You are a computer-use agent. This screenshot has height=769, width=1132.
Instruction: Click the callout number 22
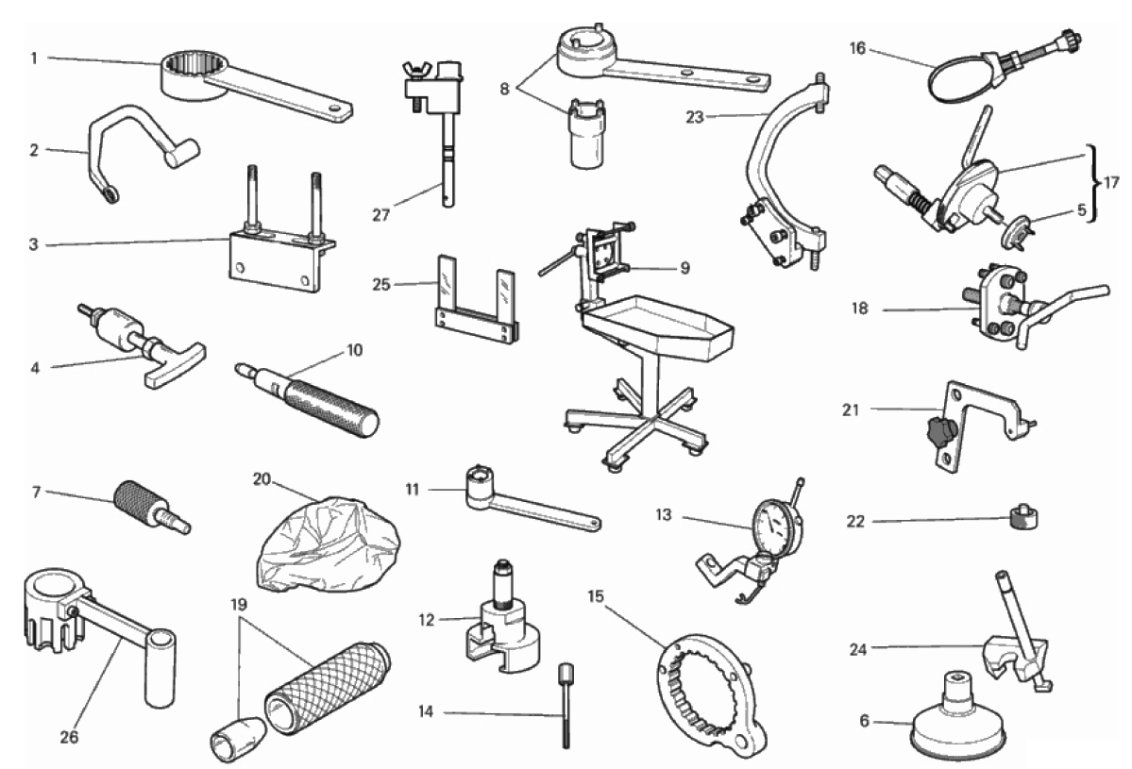click(x=854, y=521)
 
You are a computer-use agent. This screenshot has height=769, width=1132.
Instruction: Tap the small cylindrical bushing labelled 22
click(x=1022, y=518)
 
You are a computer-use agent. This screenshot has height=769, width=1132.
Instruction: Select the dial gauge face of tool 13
click(x=776, y=528)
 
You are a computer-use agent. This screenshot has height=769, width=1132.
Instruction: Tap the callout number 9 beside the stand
click(x=684, y=268)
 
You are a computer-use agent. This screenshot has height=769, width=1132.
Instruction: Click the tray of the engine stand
click(x=658, y=329)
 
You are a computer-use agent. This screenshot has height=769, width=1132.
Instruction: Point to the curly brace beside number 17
click(x=1095, y=182)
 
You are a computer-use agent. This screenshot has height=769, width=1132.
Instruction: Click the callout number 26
click(x=69, y=737)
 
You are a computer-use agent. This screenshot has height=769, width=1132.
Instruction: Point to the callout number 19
click(x=239, y=605)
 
